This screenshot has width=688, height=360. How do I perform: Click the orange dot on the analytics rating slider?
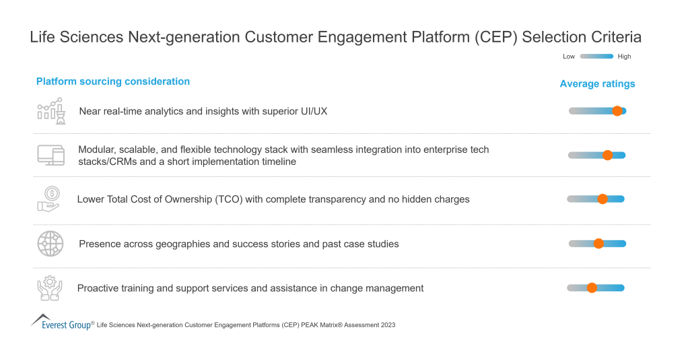(617, 111)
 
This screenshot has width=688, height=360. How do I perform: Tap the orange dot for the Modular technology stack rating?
(607, 155)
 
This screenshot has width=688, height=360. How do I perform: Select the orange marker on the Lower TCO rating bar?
(603, 199)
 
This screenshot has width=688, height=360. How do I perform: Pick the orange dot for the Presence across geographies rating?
(598, 244)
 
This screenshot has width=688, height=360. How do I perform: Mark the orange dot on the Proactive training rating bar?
(592, 288)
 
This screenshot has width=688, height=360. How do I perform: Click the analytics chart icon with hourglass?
(50, 110)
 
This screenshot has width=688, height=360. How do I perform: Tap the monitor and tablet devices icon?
(50, 155)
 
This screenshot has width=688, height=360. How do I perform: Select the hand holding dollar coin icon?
(48, 199)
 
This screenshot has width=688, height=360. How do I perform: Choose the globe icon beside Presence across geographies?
(50, 244)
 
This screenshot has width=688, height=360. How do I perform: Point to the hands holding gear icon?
(49, 288)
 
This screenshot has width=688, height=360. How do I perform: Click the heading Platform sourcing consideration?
(113, 81)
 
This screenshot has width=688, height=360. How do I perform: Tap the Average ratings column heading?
(597, 84)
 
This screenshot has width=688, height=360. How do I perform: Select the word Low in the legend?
(569, 57)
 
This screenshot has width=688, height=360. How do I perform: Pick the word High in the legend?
(625, 57)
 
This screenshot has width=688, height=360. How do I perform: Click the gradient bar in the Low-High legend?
(596, 57)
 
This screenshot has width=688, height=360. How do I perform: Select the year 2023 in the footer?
(387, 325)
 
